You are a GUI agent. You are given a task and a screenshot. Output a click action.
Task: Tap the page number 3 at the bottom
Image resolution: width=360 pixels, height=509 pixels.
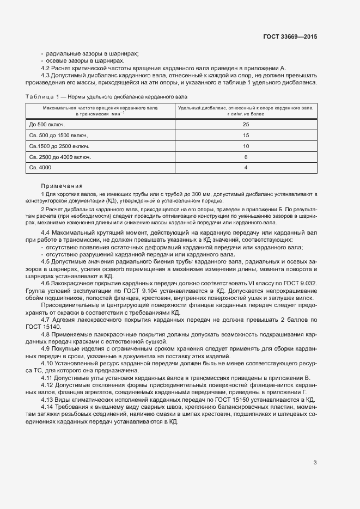point(315,463)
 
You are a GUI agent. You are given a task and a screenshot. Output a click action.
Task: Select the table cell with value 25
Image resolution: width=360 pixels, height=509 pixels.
point(246,125)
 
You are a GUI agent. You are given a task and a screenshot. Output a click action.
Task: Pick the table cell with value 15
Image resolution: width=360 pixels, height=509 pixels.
point(246,136)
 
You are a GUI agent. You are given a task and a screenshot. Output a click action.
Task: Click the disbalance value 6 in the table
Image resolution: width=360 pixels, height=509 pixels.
point(246,157)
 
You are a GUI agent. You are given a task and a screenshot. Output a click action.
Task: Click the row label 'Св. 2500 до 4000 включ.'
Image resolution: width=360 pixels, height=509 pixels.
point(59,157)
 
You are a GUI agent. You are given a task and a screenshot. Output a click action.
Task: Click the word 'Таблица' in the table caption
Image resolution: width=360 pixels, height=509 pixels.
point(38,96)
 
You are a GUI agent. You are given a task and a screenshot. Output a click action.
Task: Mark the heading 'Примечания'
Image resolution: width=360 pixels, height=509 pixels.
point(62,186)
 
